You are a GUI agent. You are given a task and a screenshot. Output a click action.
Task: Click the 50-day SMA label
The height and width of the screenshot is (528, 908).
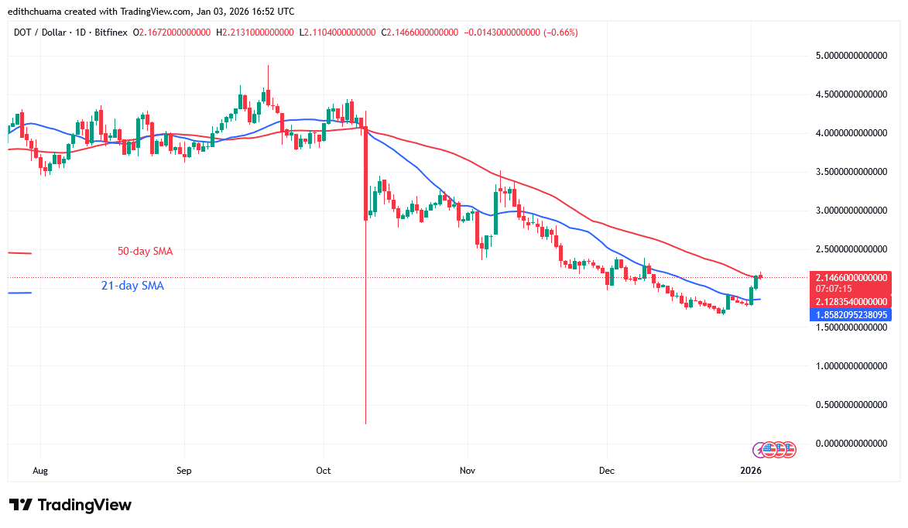pyautogui.click(x=146, y=252)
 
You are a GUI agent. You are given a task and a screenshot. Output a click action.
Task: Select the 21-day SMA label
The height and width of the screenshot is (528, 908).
pyautogui.click(x=132, y=286)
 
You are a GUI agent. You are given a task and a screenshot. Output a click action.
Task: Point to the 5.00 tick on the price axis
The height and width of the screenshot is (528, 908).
pyautogui.click(x=851, y=56)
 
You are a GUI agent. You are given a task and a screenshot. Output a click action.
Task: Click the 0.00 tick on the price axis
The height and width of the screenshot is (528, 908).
pyautogui.click(x=851, y=443)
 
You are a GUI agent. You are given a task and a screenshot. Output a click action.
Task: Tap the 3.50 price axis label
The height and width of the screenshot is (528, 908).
pyautogui.click(x=851, y=172)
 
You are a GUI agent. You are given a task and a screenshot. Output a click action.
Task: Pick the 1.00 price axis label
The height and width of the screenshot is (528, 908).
pyautogui.click(x=851, y=365)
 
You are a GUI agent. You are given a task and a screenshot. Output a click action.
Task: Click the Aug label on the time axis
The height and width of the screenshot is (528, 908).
pyautogui.click(x=41, y=470)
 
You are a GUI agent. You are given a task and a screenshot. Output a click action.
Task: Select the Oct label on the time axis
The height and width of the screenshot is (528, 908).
pyautogui.click(x=324, y=470)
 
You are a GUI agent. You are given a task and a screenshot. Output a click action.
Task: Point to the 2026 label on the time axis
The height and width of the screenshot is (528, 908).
pyautogui.click(x=751, y=470)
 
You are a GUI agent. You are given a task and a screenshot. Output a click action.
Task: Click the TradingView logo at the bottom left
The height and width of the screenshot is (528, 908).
pyautogui.click(x=70, y=506)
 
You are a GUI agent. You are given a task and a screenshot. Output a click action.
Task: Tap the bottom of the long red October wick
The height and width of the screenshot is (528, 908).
pyautogui.click(x=365, y=423)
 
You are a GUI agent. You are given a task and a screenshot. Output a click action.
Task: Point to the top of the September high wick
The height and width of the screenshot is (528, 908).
pyautogui.click(x=268, y=66)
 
